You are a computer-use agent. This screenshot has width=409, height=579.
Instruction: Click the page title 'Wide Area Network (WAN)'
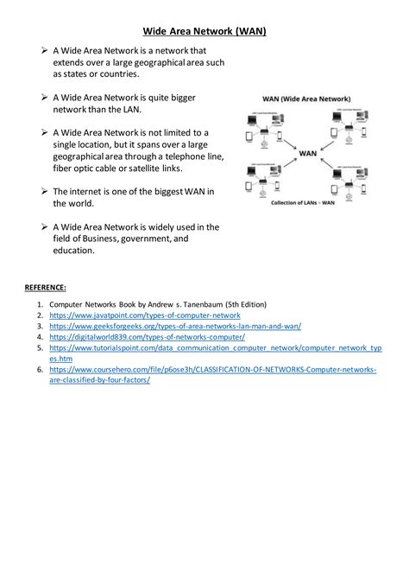click(204, 32)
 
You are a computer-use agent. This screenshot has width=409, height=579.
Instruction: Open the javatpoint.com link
click(144, 316)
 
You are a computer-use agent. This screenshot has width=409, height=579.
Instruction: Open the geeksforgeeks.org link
click(175, 327)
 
